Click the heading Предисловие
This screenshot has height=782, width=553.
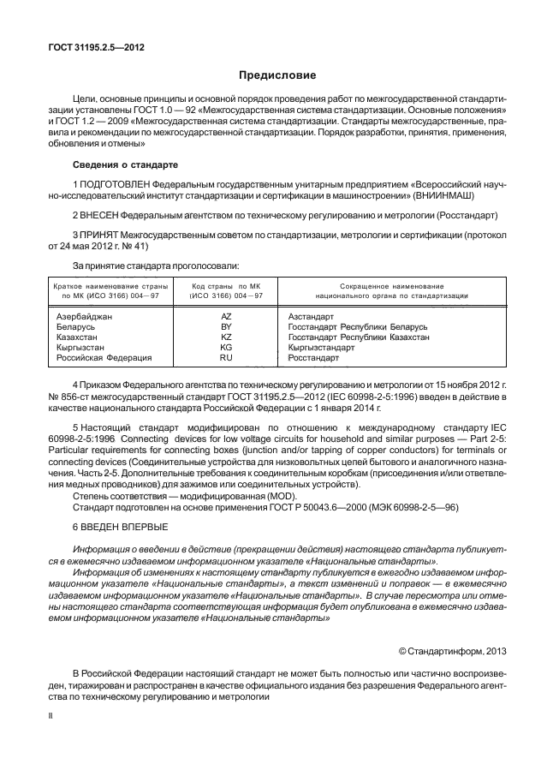[276, 75]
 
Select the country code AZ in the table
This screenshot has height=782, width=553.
[226, 317]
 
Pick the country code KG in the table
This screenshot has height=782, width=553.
[226, 348]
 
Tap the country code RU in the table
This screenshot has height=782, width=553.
[226, 358]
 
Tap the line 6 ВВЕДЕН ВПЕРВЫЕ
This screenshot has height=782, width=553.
[120, 526]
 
